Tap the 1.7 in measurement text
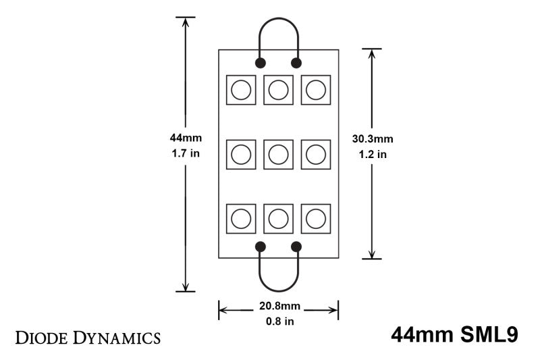point(186,153)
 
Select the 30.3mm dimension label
point(373,139)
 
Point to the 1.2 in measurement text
point(373,155)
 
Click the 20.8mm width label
point(278,306)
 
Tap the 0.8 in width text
point(278,322)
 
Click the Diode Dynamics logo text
point(88,336)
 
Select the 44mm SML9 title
point(454,336)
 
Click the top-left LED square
point(241,89)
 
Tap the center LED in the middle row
point(278,155)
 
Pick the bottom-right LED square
point(315,219)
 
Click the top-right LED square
point(315,89)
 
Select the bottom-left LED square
point(241,219)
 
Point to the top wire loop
point(278,24)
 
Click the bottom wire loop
point(278,284)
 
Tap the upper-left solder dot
point(260,63)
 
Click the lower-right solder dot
point(296,247)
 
